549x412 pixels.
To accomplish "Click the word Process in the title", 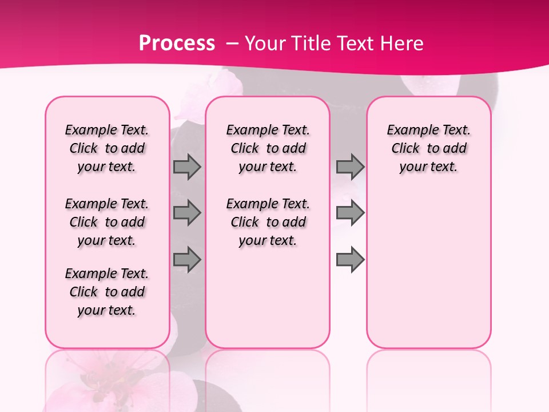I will pos(177,43).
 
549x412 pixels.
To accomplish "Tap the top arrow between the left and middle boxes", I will pos(187,167).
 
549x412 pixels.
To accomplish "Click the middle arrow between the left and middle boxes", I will pos(187,213).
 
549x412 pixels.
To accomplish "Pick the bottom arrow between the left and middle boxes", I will pos(187,259).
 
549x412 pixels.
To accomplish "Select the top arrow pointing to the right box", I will pos(350,167).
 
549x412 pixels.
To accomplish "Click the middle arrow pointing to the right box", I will pos(350,213).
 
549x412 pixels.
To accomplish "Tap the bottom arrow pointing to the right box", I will pos(350,259).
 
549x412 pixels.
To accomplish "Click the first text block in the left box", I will pos(107,148).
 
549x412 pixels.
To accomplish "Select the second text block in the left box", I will pos(107,222).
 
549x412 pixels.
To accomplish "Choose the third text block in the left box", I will pos(107,292).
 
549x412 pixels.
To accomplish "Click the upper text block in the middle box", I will pos(268,148).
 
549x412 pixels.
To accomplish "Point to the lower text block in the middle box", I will pos(268,222).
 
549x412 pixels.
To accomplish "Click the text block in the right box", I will pos(429,148).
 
